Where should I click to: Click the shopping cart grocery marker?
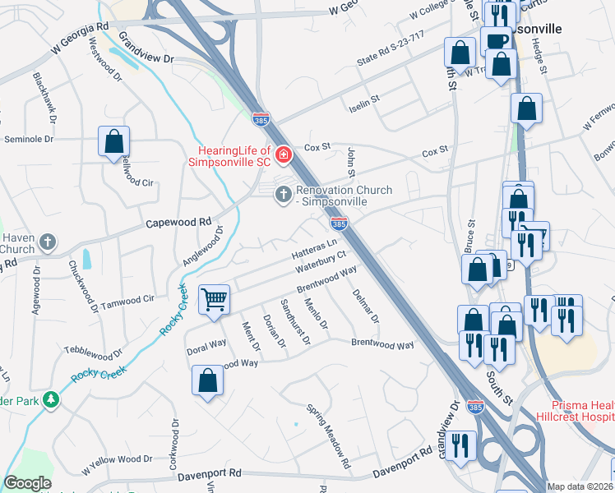[214, 299]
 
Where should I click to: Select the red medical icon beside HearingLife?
[284, 154]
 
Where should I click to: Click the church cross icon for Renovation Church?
[283, 194]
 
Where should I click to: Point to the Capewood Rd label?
[178, 223]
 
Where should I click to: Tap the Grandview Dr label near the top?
[147, 48]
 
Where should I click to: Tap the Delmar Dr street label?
[365, 306]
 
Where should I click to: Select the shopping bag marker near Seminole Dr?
[113, 141]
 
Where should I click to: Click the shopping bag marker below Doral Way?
[208, 380]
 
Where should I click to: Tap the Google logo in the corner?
[27, 483]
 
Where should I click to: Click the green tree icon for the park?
[52, 399]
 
